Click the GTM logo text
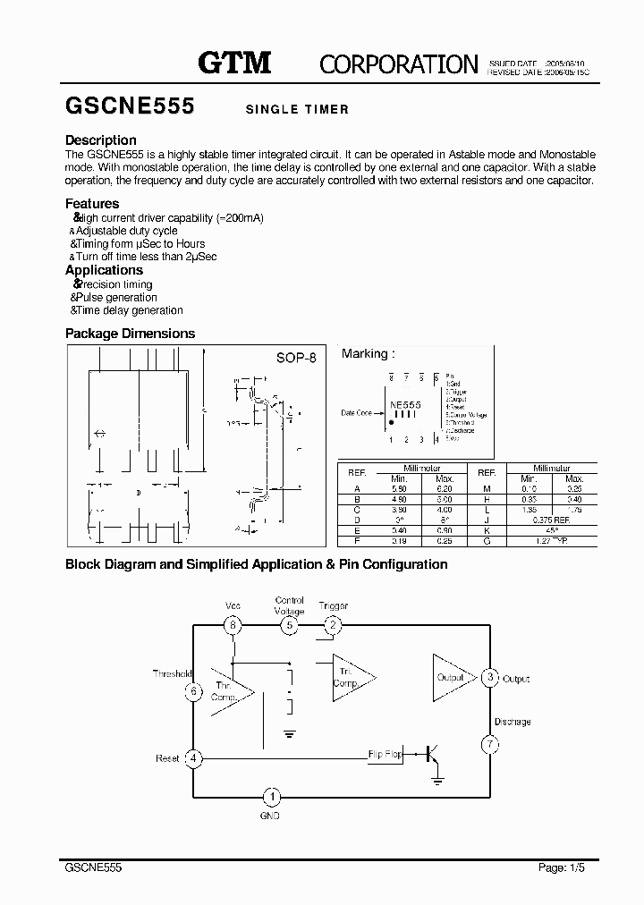[233, 62]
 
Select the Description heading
[101, 140]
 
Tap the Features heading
[92, 204]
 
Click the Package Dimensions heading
[131, 334]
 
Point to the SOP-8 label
[295, 358]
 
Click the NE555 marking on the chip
[405, 405]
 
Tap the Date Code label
[357, 413]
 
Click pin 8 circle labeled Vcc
[233, 625]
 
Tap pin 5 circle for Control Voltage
[290, 625]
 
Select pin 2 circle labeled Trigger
[332, 625]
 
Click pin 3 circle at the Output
[489, 678]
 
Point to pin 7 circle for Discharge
[489, 744]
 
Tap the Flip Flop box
[385, 755]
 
